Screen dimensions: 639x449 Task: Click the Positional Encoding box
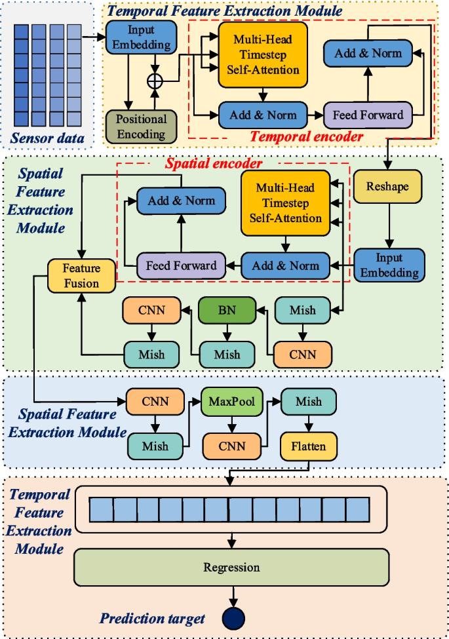click(141, 126)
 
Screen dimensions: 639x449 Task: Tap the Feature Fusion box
click(81, 275)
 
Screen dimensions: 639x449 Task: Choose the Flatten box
click(309, 446)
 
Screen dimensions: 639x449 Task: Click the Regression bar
click(231, 567)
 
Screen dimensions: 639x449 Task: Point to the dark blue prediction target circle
click(233, 617)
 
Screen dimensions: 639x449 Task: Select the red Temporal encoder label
click(306, 137)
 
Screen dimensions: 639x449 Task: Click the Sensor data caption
click(49, 138)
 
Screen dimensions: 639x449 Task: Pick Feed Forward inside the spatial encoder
click(181, 265)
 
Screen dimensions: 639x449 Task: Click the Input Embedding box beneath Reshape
click(389, 265)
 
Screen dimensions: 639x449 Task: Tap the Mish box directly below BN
click(226, 355)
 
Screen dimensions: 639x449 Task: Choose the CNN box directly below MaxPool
click(231, 446)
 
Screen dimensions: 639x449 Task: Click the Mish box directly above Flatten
click(309, 402)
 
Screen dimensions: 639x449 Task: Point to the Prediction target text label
click(153, 618)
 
